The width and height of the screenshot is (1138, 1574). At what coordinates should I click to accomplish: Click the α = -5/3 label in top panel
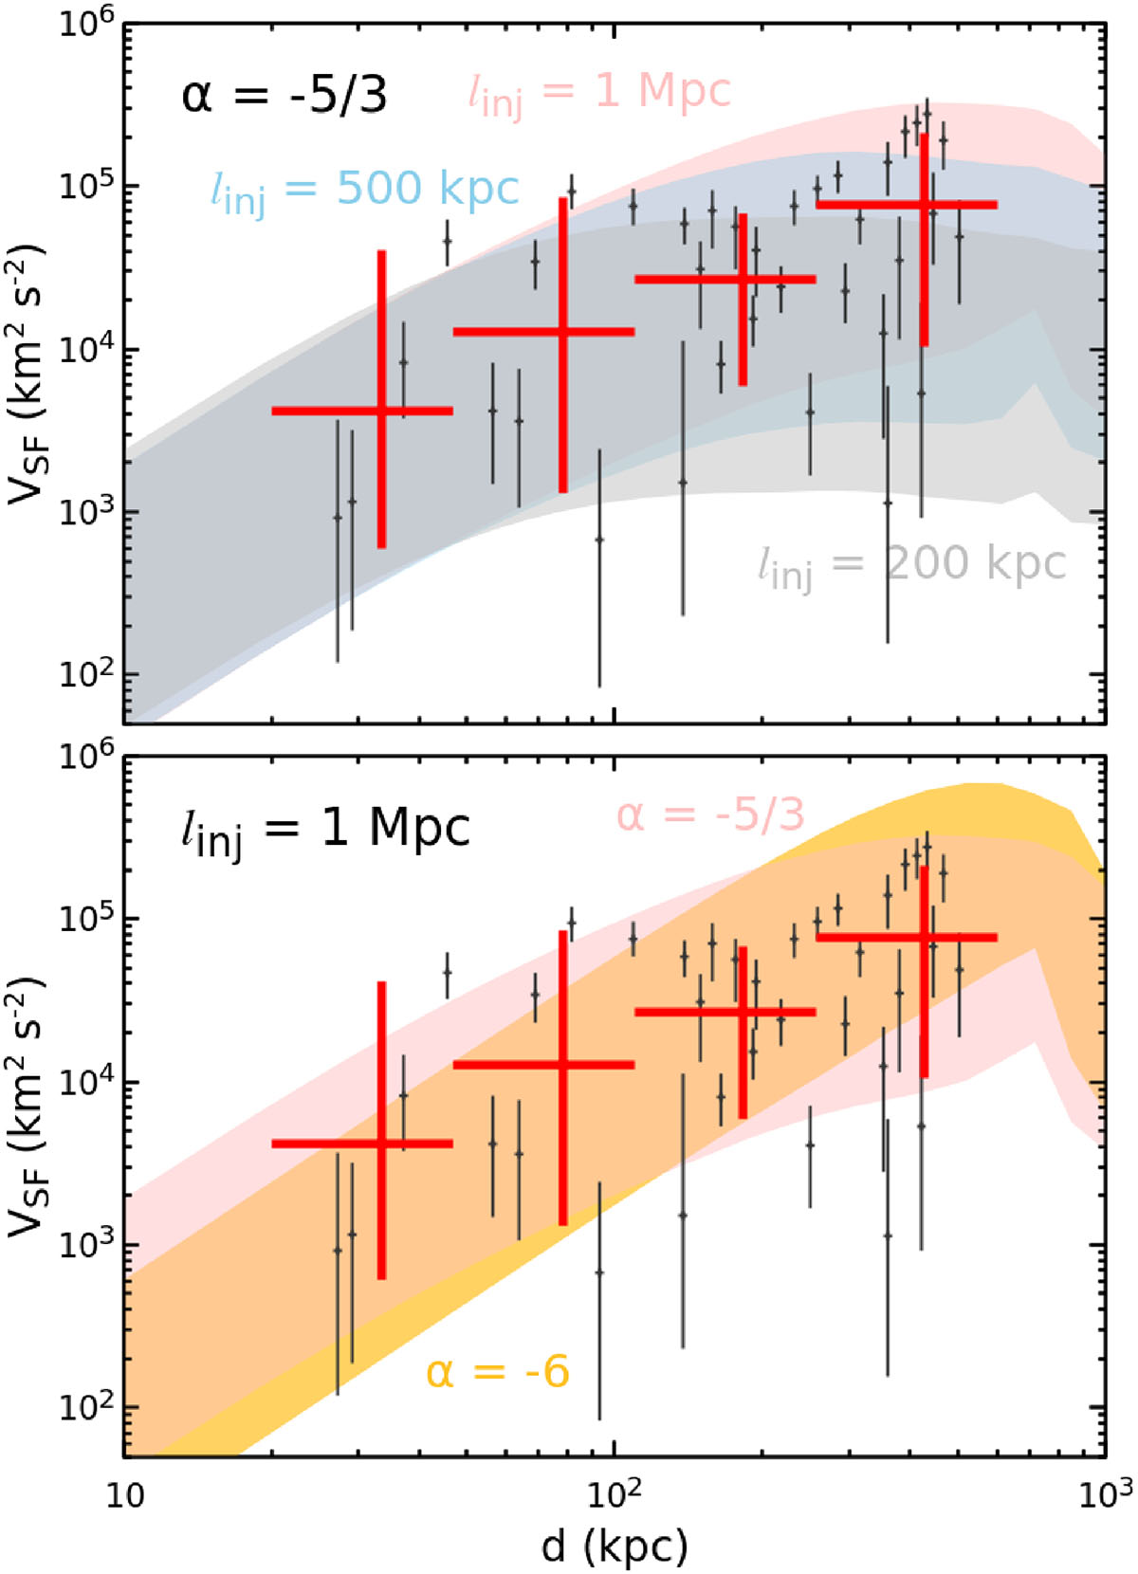coord(284,96)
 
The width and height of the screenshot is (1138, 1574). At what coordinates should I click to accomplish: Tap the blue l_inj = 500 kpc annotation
coord(364,191)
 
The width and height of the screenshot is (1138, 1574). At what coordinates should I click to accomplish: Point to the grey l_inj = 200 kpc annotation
coord(911,566)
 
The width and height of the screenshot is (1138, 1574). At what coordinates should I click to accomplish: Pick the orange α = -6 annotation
coord(498,1372)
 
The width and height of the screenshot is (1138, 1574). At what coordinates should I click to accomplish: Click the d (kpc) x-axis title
coord(615,1547)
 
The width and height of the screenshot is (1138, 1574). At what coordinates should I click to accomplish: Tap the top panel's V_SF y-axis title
coord(27,375)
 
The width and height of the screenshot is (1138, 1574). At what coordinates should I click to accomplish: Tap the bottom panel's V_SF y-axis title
coord(27,1107)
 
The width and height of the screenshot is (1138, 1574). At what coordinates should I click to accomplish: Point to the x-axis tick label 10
coord(123,1495)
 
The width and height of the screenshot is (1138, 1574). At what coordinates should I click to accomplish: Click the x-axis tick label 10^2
coord(615,1493)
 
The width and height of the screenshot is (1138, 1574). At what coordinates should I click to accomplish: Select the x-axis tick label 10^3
coord(1104,1493)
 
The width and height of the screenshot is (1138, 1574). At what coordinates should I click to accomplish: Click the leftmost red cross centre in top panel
coord(381,411)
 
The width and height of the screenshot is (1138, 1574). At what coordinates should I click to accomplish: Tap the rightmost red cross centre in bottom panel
coord(924,937)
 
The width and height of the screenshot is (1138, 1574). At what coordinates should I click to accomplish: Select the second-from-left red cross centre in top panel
coord(563,331)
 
